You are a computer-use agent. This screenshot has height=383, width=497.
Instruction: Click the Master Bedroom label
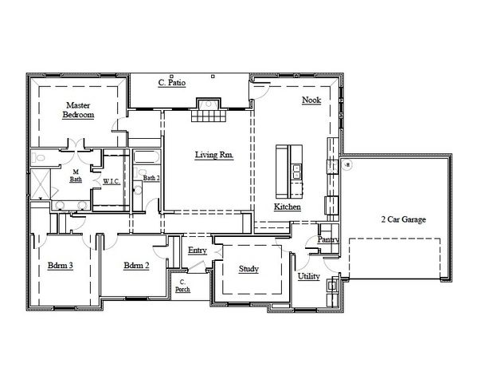(78, 110)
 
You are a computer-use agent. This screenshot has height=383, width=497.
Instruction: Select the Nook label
(311, 100)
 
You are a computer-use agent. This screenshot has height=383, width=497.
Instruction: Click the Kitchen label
(288, 207)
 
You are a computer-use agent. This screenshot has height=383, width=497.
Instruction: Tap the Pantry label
(328, 239)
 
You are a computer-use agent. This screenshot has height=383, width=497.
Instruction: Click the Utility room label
(309, 276)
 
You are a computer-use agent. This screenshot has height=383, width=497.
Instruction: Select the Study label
(248, 269)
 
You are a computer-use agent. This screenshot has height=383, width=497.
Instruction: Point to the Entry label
(198, 251)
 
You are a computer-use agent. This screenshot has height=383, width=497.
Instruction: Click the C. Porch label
(182, 285)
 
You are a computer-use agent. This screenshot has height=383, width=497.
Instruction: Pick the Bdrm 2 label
(137, 266)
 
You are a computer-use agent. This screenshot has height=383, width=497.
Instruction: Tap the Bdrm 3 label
(61, 266)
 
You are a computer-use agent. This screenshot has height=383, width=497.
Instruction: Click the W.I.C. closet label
(112, 181)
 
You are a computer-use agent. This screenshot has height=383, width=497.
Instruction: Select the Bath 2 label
(151, 179)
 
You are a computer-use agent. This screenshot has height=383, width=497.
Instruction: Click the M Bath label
(76, 176)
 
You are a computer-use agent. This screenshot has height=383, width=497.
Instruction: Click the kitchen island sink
(296, 169)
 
